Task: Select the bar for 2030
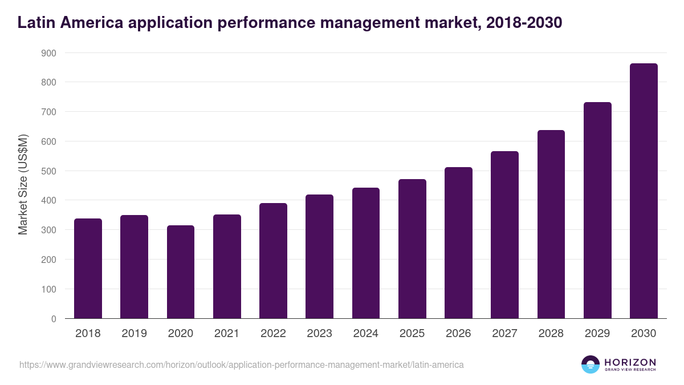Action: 644,191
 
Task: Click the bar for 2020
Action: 181,272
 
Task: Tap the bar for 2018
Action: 88,269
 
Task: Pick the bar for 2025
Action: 412,249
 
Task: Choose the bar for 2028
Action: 551,224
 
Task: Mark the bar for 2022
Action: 273,261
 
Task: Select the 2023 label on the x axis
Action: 319,334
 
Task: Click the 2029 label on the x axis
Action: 597,334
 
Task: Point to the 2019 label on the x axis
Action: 134,334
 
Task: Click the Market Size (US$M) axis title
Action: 23,185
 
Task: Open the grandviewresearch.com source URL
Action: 242,364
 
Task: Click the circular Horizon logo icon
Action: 590,364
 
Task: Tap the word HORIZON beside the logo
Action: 630,362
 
